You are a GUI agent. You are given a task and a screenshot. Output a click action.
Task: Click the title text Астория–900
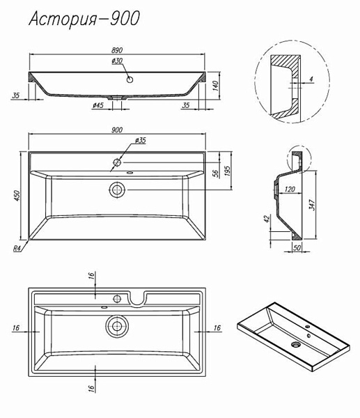tap(84, 20)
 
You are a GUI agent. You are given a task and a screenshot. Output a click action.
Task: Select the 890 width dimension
tap(117, 50)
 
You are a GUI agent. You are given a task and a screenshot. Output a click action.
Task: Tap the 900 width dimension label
tap(117, 130)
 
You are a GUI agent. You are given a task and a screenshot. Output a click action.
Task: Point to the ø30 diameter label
tap(117, 61)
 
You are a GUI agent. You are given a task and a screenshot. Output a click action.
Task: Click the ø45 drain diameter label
tap(98, 106)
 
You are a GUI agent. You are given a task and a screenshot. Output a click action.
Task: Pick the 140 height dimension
tap(216, 86)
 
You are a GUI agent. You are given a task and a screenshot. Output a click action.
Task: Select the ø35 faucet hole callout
tap(141, 140)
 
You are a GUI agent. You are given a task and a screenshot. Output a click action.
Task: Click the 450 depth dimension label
tap(17, 195)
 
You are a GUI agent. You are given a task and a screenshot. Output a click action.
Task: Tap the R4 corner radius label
tap(17, 249)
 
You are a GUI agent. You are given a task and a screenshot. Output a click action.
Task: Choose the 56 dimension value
tap(217, 173)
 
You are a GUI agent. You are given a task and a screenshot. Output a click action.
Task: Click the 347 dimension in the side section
tap(312, 205)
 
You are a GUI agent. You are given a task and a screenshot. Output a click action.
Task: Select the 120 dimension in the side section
tap(290, 189)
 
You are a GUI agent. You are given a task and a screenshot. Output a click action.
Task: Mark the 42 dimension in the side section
tap(267, 219)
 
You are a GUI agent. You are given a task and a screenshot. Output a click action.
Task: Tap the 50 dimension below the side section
tap(297, 247)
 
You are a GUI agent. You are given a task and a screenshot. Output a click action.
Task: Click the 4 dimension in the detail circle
tap(311, 79)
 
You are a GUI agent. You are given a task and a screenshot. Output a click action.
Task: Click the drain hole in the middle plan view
tap(117, 189)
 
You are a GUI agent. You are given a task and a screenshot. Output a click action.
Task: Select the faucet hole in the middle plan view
tap(117, 162)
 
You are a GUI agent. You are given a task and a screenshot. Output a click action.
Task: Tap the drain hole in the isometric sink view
tap(295, 345)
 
